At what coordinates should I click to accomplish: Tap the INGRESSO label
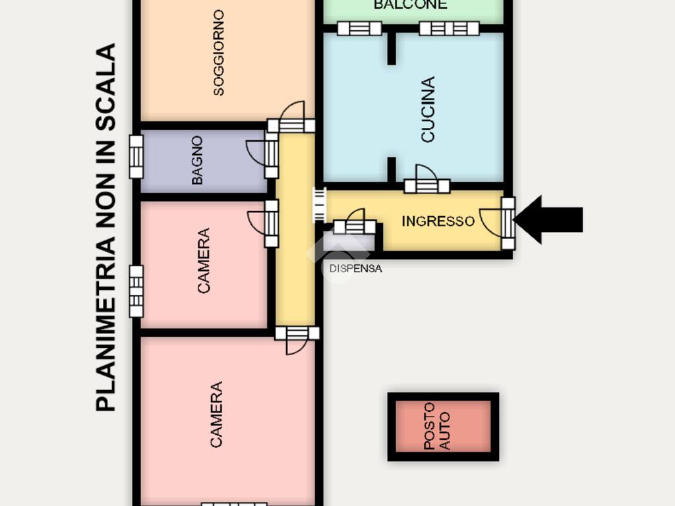438,221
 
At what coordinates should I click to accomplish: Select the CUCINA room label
428,109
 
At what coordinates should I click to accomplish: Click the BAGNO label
197,159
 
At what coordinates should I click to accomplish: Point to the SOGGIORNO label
219,53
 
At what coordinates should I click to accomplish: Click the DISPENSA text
356,269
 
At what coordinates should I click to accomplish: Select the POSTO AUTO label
437,426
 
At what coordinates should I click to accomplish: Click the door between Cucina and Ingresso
426,185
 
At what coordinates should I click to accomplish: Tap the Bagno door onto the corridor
270,154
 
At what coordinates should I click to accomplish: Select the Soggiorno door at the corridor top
291,125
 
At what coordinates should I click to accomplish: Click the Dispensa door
355,227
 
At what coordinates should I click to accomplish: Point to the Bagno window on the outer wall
136,157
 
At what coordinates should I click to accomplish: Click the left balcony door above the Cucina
359,28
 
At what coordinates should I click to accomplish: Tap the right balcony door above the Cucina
449,28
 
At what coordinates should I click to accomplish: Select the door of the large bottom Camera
297,333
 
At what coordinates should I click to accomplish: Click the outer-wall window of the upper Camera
136,291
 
